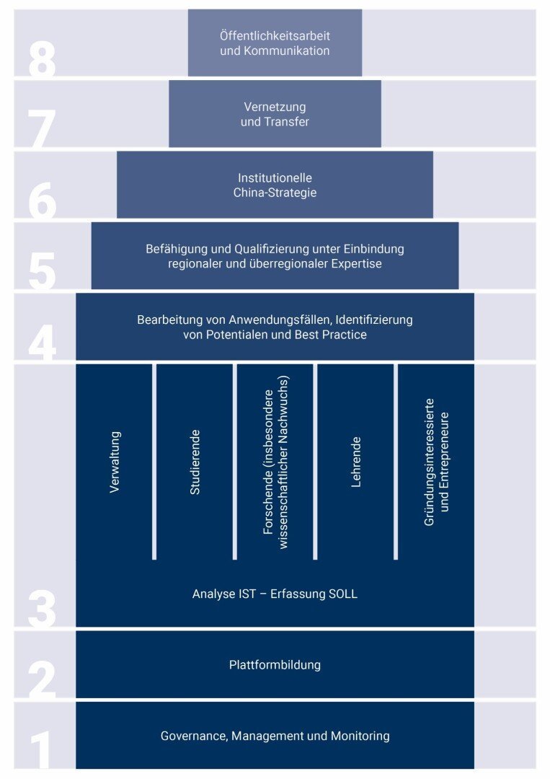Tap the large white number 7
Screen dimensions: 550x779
point(42,128)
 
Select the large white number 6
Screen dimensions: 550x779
point(42,201)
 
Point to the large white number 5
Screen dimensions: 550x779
point(42,271)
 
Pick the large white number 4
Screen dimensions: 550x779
point(42,343)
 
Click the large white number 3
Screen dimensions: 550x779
point(42,608)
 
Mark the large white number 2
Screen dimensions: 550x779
point(42,679)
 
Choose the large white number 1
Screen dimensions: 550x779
point(40,749)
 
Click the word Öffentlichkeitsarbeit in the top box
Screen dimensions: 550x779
point(275,36)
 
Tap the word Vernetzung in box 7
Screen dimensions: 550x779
point(275,107)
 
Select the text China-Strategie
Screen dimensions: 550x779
point(275,193)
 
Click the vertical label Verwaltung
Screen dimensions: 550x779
point(115,462)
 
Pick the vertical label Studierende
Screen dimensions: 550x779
point(195,462)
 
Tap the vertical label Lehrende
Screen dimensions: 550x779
point(356,462)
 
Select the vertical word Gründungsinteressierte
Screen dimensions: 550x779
point(430,462)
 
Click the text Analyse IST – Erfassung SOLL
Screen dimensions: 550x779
point(275,594)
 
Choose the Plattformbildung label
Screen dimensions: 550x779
point(275,665)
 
